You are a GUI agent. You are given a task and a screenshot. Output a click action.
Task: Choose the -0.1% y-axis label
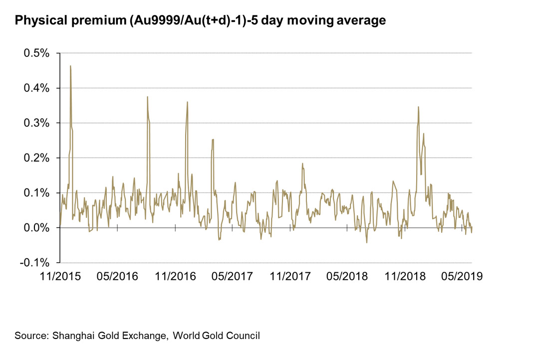coord(35,263)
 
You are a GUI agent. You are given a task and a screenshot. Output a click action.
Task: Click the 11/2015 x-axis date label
coord(59,275)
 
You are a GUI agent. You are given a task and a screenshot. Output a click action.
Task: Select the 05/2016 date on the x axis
coord(118,275)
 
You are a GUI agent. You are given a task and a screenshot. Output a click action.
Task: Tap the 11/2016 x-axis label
coord(175,275)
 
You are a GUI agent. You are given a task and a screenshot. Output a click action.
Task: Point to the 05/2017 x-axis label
coord(233,275)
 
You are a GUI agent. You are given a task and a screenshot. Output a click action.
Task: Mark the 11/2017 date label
coord(290,275)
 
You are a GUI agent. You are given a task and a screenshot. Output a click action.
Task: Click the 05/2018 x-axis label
coord(347,275)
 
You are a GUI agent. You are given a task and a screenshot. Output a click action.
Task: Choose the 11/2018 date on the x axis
coord(405,275)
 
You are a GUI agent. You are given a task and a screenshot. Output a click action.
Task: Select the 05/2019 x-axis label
coord(462,275)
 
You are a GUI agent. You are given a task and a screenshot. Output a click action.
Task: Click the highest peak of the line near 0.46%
coord(70,66)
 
